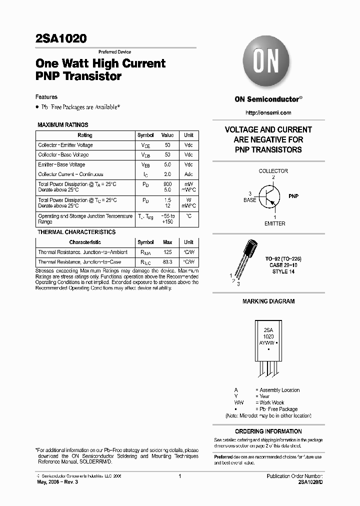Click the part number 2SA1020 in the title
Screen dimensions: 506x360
click(x=61, y=38)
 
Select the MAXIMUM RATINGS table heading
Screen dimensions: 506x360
click(x=63, y=125)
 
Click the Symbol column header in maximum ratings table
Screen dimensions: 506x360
click(x=145, y=135)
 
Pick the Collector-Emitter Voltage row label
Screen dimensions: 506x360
click(x=65, y=145)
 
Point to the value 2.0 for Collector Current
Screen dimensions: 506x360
click(x=167, y=174)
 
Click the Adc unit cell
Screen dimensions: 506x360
click(x=188, y=174)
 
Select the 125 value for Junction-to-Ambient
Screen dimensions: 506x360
click(x=167, y=252)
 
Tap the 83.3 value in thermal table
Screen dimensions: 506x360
click(x=167, y=262)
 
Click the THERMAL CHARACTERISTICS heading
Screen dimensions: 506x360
click(x=76, y=232)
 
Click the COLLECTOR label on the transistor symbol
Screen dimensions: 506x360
click(x=273, y=171)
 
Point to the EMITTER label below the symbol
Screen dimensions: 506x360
click(x=274, y=223)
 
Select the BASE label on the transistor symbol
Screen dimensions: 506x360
click(x=249, y=200)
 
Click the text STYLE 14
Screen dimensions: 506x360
click(x=280, y=271)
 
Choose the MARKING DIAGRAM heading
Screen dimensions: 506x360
click(x=268, y=301)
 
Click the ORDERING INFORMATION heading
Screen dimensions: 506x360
click(x=268, y=431)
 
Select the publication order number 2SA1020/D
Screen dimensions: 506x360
click(x=310, y=481)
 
